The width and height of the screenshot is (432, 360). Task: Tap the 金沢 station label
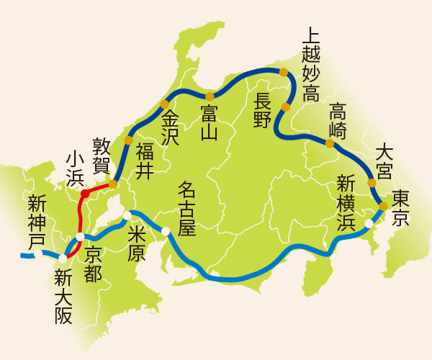tap(170, 127)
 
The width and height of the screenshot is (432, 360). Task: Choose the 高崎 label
tap(338, 121)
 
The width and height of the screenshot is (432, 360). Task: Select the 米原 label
tap(136, 243)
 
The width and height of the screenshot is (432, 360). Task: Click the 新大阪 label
tap(63, 296)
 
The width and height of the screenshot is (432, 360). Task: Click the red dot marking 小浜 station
tap(85, 193)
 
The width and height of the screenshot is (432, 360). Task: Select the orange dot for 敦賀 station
tap(113, 184)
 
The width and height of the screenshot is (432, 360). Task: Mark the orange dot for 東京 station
tap(383, 206)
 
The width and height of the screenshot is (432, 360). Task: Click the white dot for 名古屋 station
tap(166, 231)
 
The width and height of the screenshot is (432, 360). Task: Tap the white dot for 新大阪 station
tap(63, 258)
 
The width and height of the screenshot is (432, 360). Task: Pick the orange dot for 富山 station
tap(210, 96)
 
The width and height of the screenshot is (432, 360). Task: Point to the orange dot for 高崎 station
tap(329, 143)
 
